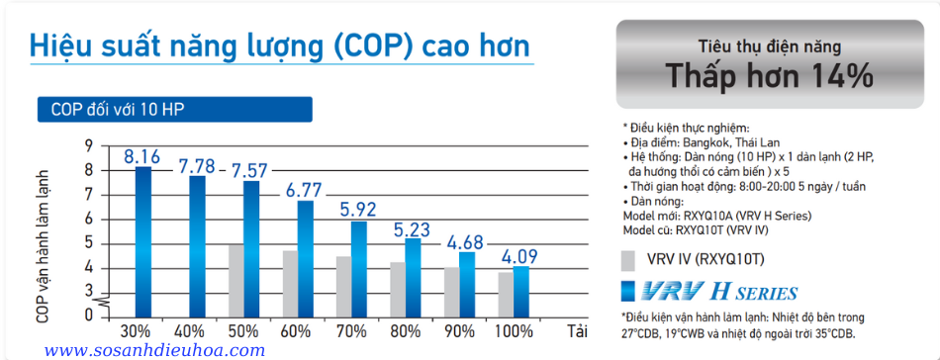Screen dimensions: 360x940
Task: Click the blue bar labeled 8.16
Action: [x=143, y=240]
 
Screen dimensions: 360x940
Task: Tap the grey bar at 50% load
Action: [x=235, y=280]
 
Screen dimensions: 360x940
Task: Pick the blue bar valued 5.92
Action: [x=358, y=267]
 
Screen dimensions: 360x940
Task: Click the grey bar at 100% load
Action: [x=505, y=294]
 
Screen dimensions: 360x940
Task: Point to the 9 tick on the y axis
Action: [x=89, y=146]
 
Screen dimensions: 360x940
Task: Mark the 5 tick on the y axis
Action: [x=89, y=243]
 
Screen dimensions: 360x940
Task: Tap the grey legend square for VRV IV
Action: [x=627, y=261]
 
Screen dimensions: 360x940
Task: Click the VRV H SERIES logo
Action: [x=708, y=292]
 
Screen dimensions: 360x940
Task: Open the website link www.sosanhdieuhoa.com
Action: [x=155, y=350]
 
